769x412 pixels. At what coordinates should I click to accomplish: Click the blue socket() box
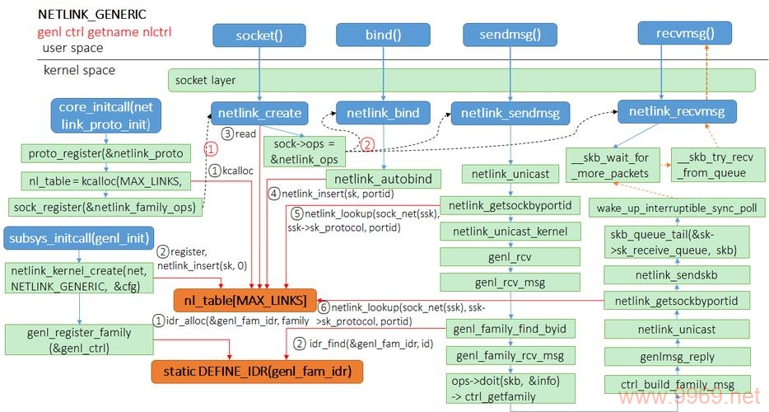click(x=259, y=35)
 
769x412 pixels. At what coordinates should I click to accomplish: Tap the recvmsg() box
click(x=675, y=34)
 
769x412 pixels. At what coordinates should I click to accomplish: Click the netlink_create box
click(x=259, y=113)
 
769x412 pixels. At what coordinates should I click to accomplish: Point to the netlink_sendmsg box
click(x=509, y=113)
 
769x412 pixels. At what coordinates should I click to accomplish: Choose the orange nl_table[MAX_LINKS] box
click(x=245, y=299)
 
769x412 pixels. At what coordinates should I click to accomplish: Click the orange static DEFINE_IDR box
click(x=256, y=372)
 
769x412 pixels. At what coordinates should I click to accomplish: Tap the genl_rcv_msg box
click(x=510, y=283)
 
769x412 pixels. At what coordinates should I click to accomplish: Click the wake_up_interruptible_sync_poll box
click(x=676, y=208)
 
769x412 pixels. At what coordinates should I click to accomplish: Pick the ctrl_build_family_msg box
click(x=676, y=385)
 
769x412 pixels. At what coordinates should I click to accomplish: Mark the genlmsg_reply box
click(x=676, y=357)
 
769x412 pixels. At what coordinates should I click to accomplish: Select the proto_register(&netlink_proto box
click(x=105, y=153)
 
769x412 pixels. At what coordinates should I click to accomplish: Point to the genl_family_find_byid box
click(x=510, y=329)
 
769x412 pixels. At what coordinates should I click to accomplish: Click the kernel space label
click(x=79, y=70)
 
